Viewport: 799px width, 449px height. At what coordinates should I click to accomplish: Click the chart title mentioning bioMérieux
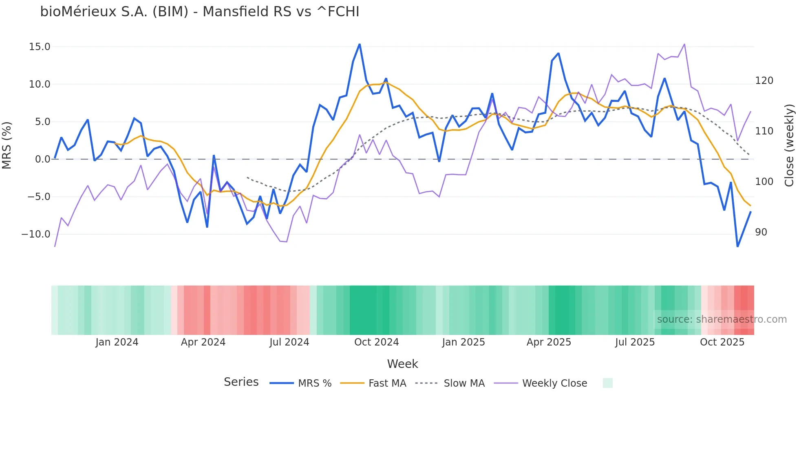tap(200, 12)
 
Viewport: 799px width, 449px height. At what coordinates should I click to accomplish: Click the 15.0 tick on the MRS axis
tap(40, 47)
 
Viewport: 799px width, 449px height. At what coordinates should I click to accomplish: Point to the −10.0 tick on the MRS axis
tap(36, 234)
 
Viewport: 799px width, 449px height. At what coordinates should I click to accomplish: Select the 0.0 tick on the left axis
tap(42, 159)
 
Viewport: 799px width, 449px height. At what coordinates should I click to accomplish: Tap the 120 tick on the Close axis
tap(764, 81)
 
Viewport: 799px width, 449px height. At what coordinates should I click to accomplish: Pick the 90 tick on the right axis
tap(761, 232)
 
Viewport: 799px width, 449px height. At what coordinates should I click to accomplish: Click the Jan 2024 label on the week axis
tap(117, 342)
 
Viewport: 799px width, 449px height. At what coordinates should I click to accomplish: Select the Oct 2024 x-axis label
tap(376, 342)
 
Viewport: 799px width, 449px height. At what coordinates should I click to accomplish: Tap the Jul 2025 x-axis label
tap(635, 342)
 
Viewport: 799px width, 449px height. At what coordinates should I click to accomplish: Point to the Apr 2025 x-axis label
tap(549, 342)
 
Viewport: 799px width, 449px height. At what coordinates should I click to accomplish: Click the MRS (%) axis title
tap(7, 145)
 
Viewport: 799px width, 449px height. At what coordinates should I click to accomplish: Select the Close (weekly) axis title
tap(789, 145)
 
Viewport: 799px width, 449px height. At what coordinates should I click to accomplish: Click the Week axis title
tap(402, 364)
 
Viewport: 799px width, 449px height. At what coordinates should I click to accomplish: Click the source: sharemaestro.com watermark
tap(722, 319)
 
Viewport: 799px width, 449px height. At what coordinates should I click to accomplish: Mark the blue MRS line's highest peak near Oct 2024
tap(360, 44)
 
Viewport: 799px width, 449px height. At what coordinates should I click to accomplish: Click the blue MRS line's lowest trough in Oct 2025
tap(737, 246)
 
